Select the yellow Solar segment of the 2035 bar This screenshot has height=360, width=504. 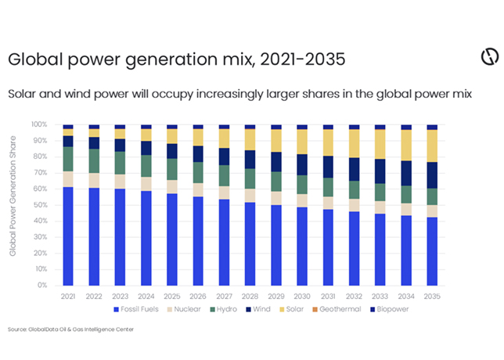432,146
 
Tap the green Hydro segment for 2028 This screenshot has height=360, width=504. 250,179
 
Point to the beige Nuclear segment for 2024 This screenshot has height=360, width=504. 146,184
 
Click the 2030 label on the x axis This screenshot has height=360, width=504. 301,295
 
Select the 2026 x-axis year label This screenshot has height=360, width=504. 198,295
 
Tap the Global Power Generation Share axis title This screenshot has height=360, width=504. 13,205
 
